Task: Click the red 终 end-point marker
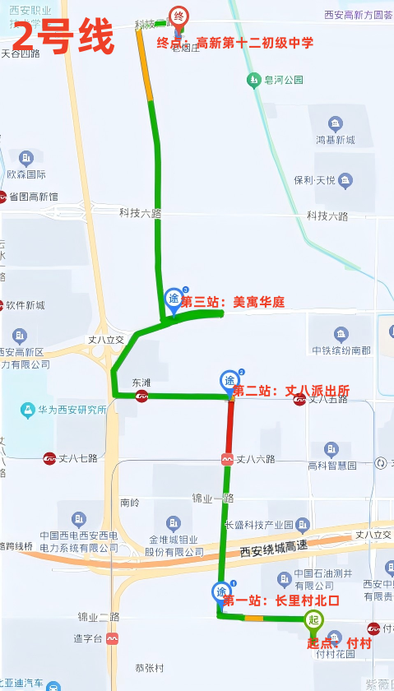point(178,16)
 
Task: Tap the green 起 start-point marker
point(313,621)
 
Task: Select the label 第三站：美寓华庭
point(232,303)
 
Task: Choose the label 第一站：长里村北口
point(282,601)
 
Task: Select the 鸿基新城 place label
point(335,141)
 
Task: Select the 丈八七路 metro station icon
point(50,457)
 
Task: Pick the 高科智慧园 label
point(332,466)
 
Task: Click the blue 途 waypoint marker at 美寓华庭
point(174,298)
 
